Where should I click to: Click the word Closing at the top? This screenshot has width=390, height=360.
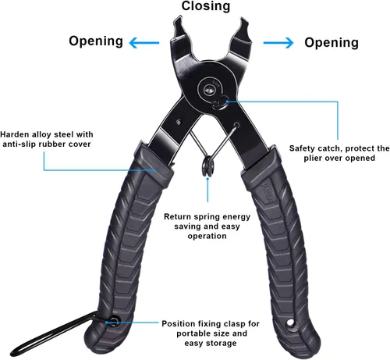point(206,6)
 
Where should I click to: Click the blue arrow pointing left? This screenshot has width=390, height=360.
point(144,43)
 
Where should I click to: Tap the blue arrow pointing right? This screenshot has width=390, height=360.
point(278,43)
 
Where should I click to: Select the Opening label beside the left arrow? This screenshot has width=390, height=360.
point(96,41)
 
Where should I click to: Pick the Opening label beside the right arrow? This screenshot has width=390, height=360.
point(331,43)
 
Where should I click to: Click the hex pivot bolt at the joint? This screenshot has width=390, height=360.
point(209,90)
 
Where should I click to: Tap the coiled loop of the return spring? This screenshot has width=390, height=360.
point(208,166)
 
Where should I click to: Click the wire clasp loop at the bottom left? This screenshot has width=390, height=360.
point(47,334)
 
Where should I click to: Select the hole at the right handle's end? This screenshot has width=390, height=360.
point(290,323)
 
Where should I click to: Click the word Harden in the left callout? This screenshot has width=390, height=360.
point(15,134)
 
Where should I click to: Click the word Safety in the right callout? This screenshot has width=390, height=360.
point(303,148)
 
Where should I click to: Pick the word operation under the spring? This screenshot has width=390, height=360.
point(207,237)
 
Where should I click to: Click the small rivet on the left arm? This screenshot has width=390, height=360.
point(179,122)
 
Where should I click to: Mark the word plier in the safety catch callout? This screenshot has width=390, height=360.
point(313,159)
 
